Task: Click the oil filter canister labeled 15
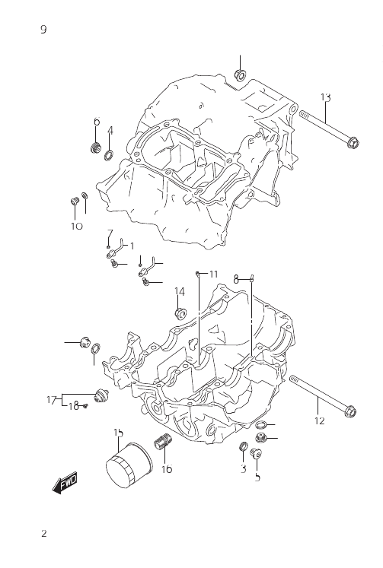click(129, 465)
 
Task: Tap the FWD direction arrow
click(65, 483)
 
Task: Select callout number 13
click(325, 97)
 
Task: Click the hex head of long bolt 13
click(353, 142)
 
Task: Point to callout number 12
click(320, 420)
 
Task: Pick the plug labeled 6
click(95, 148)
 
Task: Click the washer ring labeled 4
click(109, 155)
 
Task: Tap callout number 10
click(77, 226)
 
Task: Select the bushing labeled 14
click(180, 313)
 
